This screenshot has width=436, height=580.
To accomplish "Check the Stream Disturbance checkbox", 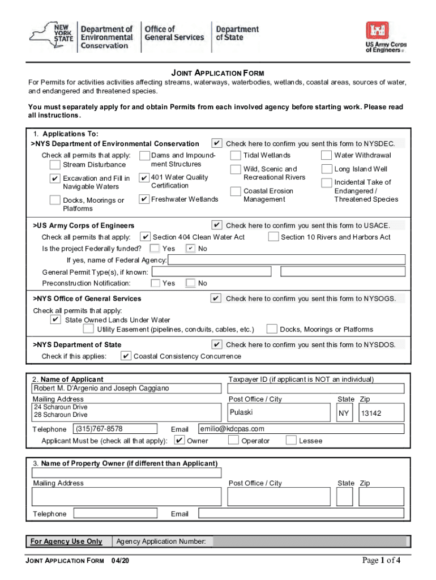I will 55,165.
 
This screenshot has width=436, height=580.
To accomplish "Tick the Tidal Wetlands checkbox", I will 236,155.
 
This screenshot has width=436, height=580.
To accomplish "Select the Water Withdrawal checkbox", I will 326,155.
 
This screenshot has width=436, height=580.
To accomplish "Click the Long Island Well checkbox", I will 326,169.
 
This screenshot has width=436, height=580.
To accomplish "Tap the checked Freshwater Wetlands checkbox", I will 144,199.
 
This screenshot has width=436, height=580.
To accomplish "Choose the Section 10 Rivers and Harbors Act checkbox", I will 273,237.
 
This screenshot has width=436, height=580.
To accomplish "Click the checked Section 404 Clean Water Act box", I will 146,237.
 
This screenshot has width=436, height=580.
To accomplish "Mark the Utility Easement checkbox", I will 88,329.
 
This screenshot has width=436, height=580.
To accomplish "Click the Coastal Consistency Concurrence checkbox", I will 126,356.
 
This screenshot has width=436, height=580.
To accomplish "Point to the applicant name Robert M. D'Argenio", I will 100,389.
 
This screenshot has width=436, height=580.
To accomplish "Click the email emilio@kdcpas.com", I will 233,429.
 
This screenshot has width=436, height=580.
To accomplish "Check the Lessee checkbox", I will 291,440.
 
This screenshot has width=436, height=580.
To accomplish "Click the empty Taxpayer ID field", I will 316,389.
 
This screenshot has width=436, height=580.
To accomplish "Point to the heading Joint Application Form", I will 218,73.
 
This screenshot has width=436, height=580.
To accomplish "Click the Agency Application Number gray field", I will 309,542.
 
